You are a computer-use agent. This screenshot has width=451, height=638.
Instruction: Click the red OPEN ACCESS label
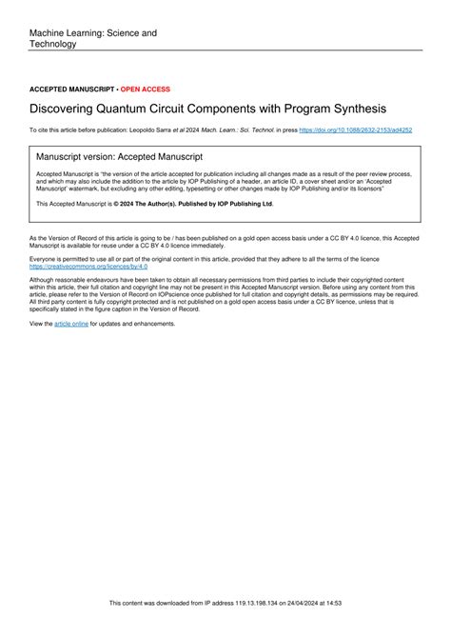pos(146,89)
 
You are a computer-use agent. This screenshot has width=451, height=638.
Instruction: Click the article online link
pos(71,324)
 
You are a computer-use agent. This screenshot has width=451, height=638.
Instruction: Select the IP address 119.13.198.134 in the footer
pos(252,629)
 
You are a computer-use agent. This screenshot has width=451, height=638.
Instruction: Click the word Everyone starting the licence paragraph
pos(45,259)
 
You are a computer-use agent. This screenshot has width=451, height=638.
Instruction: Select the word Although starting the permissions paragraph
pos(45,279)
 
